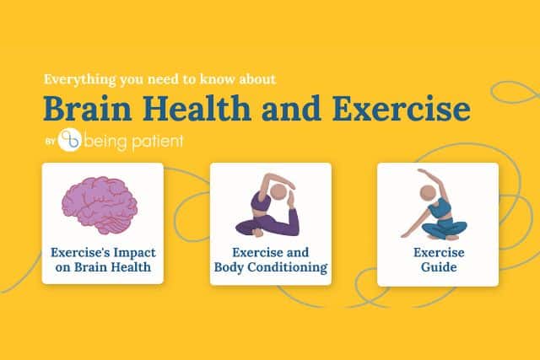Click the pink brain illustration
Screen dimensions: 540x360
[x=100, y=205]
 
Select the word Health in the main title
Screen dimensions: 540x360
[x=197, y=109]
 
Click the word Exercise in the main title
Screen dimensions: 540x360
[x=402, y=109]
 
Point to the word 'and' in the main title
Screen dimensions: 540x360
[x=291, y=109]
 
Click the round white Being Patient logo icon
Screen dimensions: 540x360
[x=70, y=140]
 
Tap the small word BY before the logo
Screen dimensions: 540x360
[x=51, y=142]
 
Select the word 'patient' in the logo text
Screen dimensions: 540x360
[x=158, y=142]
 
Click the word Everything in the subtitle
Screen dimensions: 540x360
[x=80, y=80]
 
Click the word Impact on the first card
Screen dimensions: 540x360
[x=135, y=253]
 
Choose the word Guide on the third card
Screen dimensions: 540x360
[x=439, y=267]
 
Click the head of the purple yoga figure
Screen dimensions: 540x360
[x=278, y=192]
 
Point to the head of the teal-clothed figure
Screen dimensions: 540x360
[x=428, y=193]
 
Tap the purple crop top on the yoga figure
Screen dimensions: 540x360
[x=261, y=202]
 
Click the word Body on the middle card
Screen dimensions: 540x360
[x=229, y=267]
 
